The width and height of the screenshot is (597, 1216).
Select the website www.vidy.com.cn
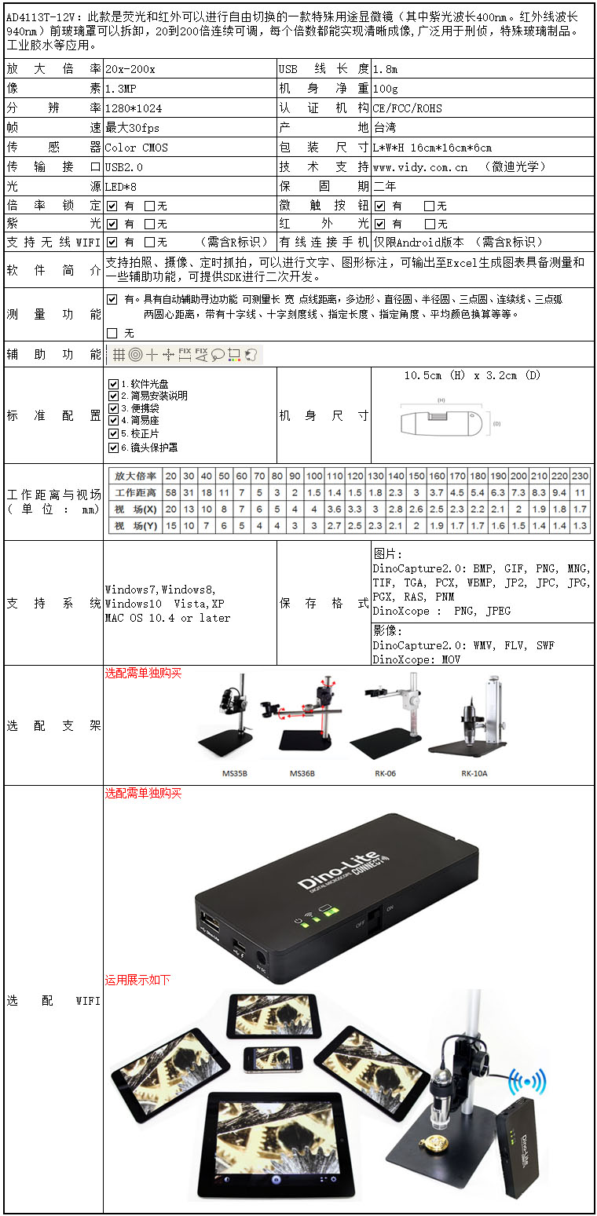[x=420, y=167]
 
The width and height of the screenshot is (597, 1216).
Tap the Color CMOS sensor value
[x=137, y=148]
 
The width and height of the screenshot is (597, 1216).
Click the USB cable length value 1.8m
[x=385, y=69]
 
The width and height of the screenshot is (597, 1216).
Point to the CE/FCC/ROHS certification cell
[x=407, y=108]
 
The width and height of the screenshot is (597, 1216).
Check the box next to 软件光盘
[x=114, y=384]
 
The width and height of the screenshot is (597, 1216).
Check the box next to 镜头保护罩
[x=114, y=447]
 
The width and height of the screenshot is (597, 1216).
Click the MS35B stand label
[x=235, y=773]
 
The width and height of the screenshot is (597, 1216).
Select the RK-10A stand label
[x=474, y=773]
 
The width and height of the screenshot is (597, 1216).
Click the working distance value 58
[x=170, y=493]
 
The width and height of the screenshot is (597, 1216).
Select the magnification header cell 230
[x=581, y=476]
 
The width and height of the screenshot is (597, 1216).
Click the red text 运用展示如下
[x=137, y=980]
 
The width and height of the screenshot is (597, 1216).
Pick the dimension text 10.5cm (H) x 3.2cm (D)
[x=472, y=376]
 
